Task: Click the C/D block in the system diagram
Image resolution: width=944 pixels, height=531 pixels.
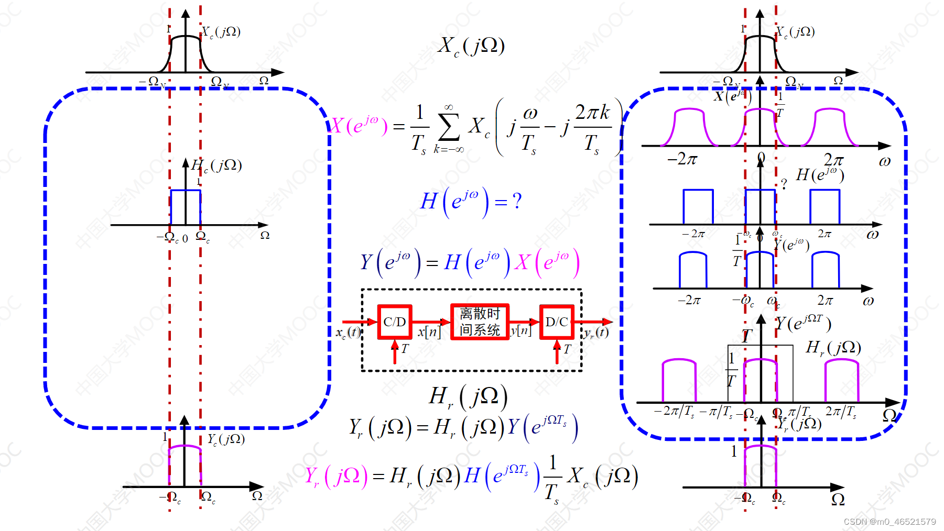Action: (x=395, y=322)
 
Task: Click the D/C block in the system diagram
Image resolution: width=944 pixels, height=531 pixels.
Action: (x=557, y=322)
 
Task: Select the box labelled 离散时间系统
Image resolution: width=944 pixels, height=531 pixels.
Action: (x=480, y=322)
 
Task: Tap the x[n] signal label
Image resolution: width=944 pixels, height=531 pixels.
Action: (x=429, y=331)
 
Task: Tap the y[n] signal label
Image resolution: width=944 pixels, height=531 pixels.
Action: (x=521, y=330)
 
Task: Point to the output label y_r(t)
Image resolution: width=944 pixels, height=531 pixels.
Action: (x=596, y=332)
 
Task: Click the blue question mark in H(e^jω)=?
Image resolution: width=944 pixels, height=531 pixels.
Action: (x=517, y=201)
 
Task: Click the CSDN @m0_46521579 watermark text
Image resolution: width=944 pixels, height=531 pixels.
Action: (x=889, y=522)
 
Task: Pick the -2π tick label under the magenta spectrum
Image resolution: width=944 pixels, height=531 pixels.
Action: (x=682, y=158)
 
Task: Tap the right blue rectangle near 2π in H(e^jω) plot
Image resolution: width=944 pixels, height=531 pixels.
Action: (x=824, y=206)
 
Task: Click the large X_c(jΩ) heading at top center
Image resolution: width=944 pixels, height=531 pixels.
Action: (x=471, y=46)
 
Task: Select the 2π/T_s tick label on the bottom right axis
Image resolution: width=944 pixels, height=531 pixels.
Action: (x=841, y=412)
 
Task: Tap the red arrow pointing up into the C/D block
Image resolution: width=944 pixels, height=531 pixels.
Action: (x=395, y=351)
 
